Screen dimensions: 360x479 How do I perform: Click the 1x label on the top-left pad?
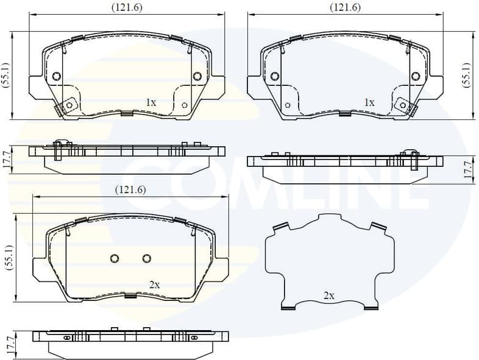pos(151,103)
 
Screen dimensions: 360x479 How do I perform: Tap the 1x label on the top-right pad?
pos(369,103)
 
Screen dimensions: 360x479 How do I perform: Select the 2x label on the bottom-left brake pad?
pos(154,284)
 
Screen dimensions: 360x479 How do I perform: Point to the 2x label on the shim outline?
pos(328,295)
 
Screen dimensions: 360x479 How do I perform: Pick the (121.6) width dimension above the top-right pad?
pos(345,7)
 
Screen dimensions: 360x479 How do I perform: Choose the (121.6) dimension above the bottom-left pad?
pos(130,189)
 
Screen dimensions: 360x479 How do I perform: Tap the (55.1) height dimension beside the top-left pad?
pos(6,76)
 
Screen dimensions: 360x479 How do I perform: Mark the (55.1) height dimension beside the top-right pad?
pos(466,76)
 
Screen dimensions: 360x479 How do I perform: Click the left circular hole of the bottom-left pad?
pos(115,259)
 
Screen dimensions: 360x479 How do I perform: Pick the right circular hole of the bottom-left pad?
pos(146,259)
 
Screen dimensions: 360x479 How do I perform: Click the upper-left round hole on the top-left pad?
pos(56,76)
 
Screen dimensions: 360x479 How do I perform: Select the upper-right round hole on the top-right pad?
pos(416,76)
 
